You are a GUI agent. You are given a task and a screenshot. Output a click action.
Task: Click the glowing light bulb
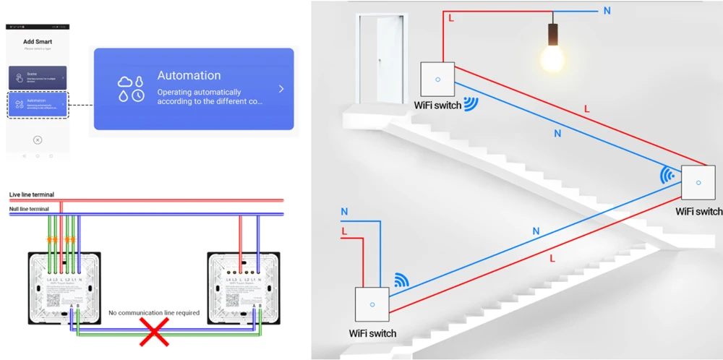553,56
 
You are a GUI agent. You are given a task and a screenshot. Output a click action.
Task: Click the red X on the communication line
154,332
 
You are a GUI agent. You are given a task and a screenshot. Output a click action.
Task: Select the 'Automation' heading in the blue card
189,75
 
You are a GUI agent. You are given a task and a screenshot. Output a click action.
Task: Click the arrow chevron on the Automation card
281,89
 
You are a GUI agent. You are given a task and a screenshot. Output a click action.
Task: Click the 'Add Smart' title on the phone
38,42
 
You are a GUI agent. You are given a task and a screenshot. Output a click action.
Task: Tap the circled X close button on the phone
38,140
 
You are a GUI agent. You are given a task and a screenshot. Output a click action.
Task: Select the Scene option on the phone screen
38,77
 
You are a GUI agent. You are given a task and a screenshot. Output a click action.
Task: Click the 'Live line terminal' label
31,194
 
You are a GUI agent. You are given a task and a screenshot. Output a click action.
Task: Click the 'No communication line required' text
153,313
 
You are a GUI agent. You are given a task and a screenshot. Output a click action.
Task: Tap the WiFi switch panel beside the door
436,80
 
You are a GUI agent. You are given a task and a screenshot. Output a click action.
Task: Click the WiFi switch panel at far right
698,182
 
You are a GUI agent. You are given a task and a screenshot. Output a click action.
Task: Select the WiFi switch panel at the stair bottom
372,304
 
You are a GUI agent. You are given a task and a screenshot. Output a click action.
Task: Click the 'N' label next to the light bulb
606,10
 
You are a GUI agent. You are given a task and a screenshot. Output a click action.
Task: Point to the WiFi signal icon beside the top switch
471,103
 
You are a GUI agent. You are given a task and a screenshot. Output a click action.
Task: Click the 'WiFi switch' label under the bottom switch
372,333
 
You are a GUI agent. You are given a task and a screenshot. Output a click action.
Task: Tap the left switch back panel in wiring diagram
64,286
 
